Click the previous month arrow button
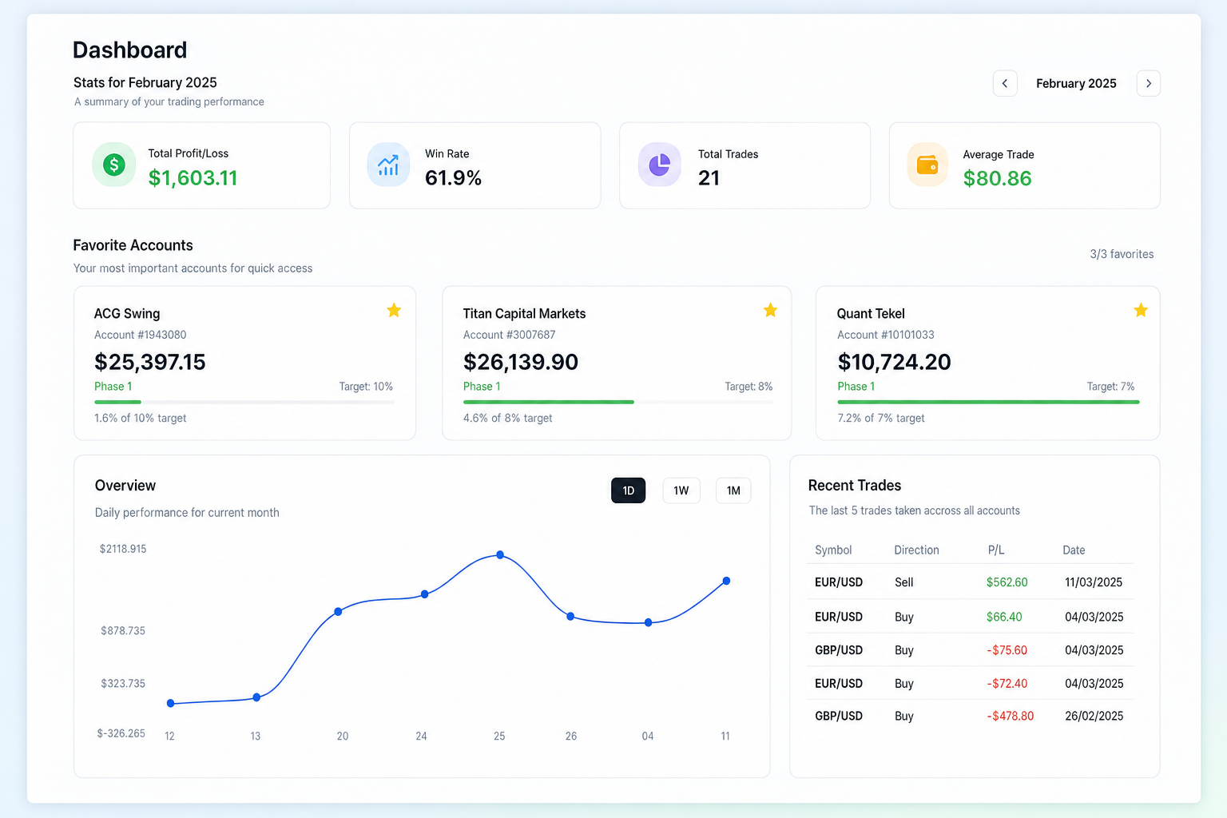[x=1005, y=83]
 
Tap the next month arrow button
[x=1148, y=83]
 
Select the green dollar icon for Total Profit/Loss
[x=114, y=165]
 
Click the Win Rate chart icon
[x=388, y=165]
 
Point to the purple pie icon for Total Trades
[x=660, y=165]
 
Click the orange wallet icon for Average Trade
[x=927, y=165]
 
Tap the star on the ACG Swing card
[x=394, y=310]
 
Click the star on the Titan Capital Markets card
[x=770, y=310]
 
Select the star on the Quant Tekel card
[x=1141, y=310]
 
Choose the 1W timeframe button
[x=681, y=490]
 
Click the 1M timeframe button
[x=733, y=490]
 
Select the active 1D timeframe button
[x=629, y=490]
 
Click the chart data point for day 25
[x=500, y=555]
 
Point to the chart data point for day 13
[x=256, y=697]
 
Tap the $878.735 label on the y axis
[x=123, y=630]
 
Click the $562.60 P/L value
[x=1007, y=582]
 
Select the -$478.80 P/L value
[x=1010, y=716]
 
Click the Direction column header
[x=916, y=550]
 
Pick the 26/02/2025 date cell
[x=1094, y=716]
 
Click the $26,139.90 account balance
[x=520, y=362]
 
